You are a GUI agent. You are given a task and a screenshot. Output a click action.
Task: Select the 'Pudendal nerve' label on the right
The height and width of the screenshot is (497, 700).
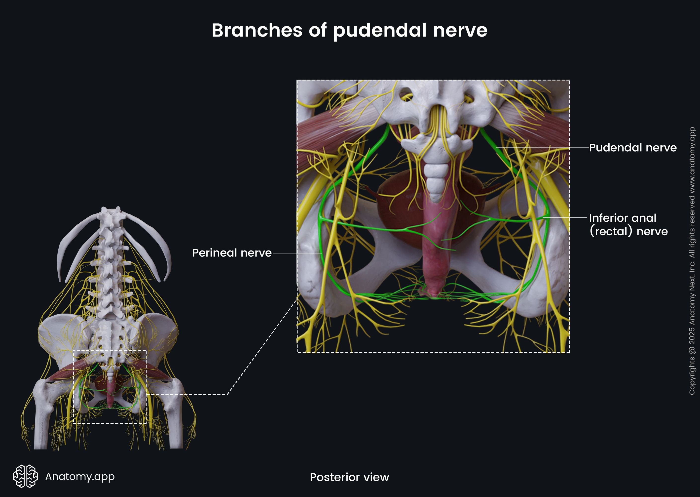[x=632, y=148]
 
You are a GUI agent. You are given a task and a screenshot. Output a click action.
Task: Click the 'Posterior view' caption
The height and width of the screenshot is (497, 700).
[x=349, y=477]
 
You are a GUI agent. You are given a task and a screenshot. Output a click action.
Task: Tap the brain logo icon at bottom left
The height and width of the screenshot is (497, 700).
[x=25, y=476]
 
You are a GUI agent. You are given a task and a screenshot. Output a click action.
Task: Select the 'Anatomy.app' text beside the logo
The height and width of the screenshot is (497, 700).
[x=80, y=476]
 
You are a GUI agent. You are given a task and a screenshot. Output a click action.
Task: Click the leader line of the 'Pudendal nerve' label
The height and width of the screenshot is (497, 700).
[x=541, y=148]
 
